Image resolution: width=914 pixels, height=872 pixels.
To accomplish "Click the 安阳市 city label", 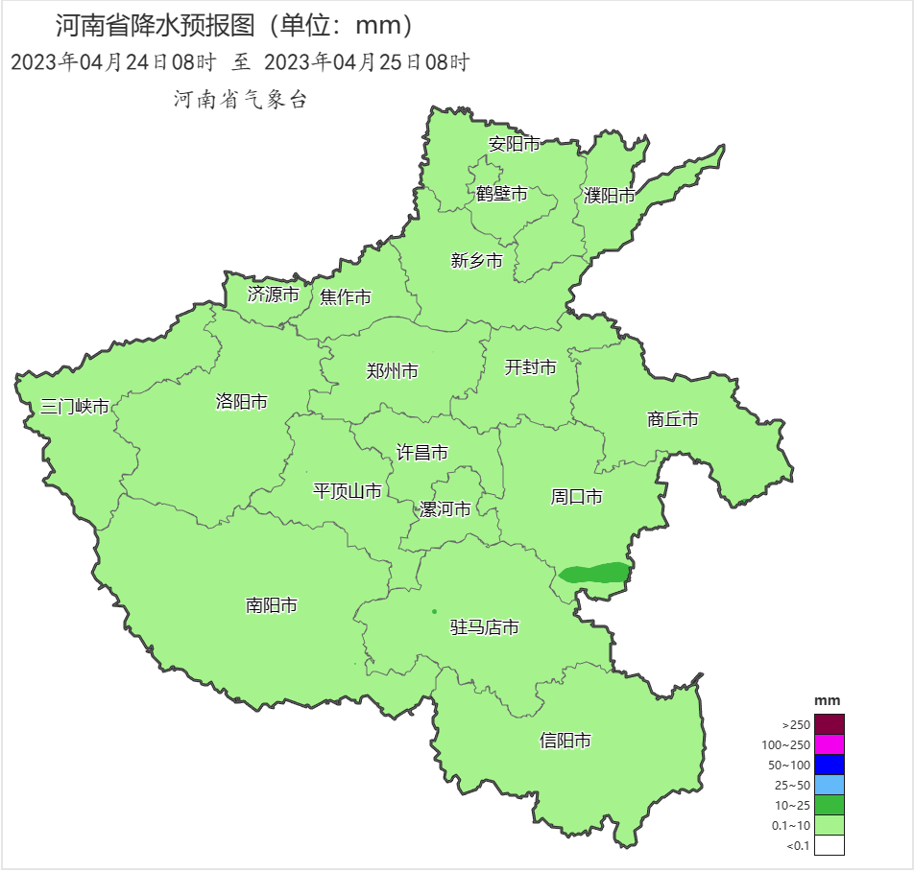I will click(514, 145).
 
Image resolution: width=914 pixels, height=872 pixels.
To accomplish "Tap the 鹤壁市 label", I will click(501, 194).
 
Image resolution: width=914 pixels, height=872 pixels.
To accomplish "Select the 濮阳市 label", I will click(610, 196).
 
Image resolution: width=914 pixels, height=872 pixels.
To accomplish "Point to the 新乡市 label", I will click(476, 261).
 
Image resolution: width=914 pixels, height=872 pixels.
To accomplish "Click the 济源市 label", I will click(273, 295).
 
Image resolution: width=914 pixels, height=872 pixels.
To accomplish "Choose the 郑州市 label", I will click(392, 371).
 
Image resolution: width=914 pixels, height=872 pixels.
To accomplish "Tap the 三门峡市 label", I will click(74, 407).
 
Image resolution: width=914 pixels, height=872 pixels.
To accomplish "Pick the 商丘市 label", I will click(672, 419).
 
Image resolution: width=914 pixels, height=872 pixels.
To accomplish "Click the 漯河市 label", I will click(445, 509).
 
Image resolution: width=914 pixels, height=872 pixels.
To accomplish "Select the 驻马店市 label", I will click(485, 627).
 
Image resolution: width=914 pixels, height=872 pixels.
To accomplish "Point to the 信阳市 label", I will click(565, 741).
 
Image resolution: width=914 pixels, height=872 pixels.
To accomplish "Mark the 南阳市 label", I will click(271, 605).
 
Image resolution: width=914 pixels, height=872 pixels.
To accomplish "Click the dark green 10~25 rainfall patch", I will click(595, 575).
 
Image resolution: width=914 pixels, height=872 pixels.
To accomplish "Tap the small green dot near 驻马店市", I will click(434, 611).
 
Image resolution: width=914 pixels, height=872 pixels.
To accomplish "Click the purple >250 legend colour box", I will click(830, 724).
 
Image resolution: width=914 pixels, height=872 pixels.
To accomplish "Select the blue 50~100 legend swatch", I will click(830, 765).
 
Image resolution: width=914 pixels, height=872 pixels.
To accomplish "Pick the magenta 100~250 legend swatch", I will click(830, 744).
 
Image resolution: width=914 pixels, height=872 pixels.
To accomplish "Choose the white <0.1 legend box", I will click(830, 845).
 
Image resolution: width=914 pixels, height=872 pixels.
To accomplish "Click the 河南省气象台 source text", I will click(240, 100).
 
